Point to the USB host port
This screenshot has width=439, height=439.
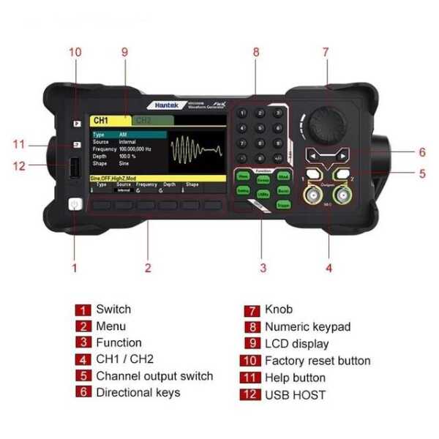pos(73,169)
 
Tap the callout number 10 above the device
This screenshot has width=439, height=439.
pos(75,52)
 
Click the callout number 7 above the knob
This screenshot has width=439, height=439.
pos(326,52)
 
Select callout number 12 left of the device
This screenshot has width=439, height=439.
pos(19,166)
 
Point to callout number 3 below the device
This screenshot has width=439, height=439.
pos(263,268)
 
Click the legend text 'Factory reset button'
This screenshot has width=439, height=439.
pos(318,361)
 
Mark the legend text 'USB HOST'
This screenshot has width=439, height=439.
pos(295,395)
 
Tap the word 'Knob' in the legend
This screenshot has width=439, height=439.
pos(279,310)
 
